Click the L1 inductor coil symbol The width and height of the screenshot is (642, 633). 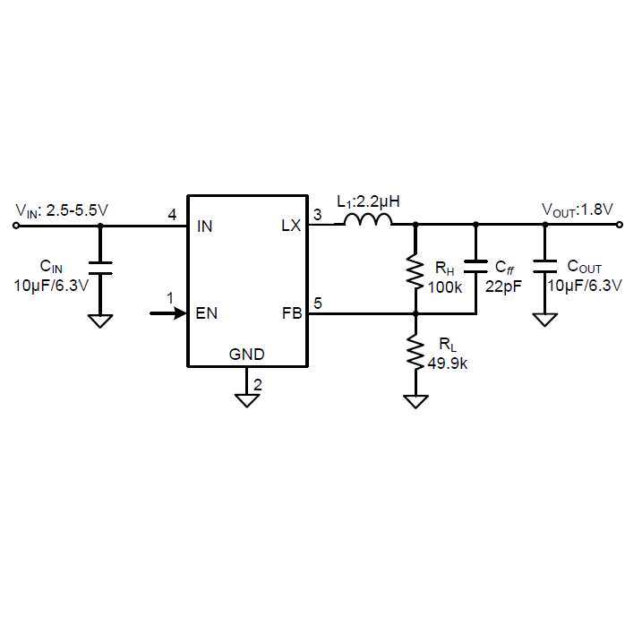(x=368, y=220)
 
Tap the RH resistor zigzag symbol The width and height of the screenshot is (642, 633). (x=415, y=271)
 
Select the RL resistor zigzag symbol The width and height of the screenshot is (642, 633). (x=415, y=352)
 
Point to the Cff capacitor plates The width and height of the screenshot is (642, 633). (x=475, y=266)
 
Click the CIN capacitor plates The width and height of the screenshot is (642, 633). (x=100, y=268)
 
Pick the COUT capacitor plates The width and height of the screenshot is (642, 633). (x=545, y=266)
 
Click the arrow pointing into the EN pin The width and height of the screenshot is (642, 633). (x=168, y=313)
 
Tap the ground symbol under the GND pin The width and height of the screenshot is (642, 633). (x=247, y=400)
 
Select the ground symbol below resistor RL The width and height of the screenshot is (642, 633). (x=415, y=402)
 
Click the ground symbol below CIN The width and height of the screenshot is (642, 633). (x=100, y=321)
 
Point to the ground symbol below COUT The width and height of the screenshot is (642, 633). (x=545, y=320)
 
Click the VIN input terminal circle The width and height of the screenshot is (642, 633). (x=16, y=226)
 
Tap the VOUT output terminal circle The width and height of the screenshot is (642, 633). (x=620, y=225)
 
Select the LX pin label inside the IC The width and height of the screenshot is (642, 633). (x=291, y=226)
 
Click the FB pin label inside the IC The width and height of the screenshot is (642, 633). (x=292, y=313)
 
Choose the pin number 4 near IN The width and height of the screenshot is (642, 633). (x=172, y=215)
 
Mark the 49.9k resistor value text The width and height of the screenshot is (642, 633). (x=447, y=364)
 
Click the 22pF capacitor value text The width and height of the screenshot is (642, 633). (x=503, y=287)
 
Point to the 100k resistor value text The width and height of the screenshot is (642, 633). (x=445, y=287)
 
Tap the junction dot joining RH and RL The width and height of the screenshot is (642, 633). (x=415, y=313)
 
